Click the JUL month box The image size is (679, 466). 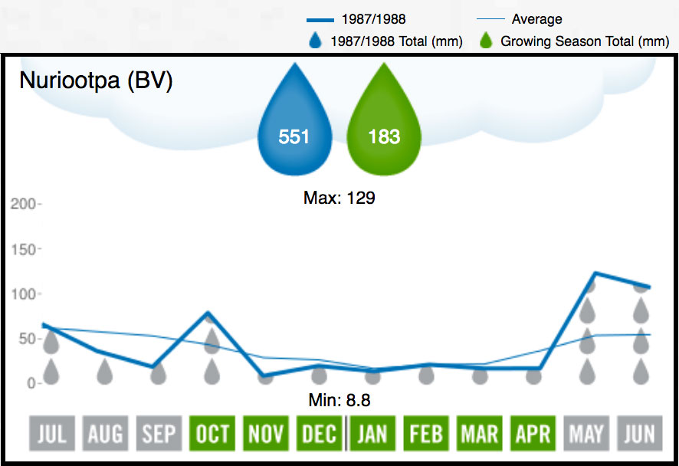click(x=52, y=434)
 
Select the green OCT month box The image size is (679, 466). click(x=212, y=434)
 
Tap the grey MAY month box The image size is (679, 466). click(x=586, y=434)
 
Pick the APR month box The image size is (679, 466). click(x=533, y=434)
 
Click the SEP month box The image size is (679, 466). click(x=159, y=434)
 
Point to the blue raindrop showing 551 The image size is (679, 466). click(x=294, y=123)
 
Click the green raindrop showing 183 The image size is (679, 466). click(x=384, y=123)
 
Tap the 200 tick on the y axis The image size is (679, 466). click(x=23, y=205)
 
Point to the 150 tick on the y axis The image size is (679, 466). click(x=23, y=249)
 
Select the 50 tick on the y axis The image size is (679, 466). click(x=25, y=338)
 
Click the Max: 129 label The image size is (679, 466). click(x=339, y=198)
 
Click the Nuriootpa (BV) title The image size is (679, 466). click(x=96, y=80)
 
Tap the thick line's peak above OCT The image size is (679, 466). click(x=211, y=313)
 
